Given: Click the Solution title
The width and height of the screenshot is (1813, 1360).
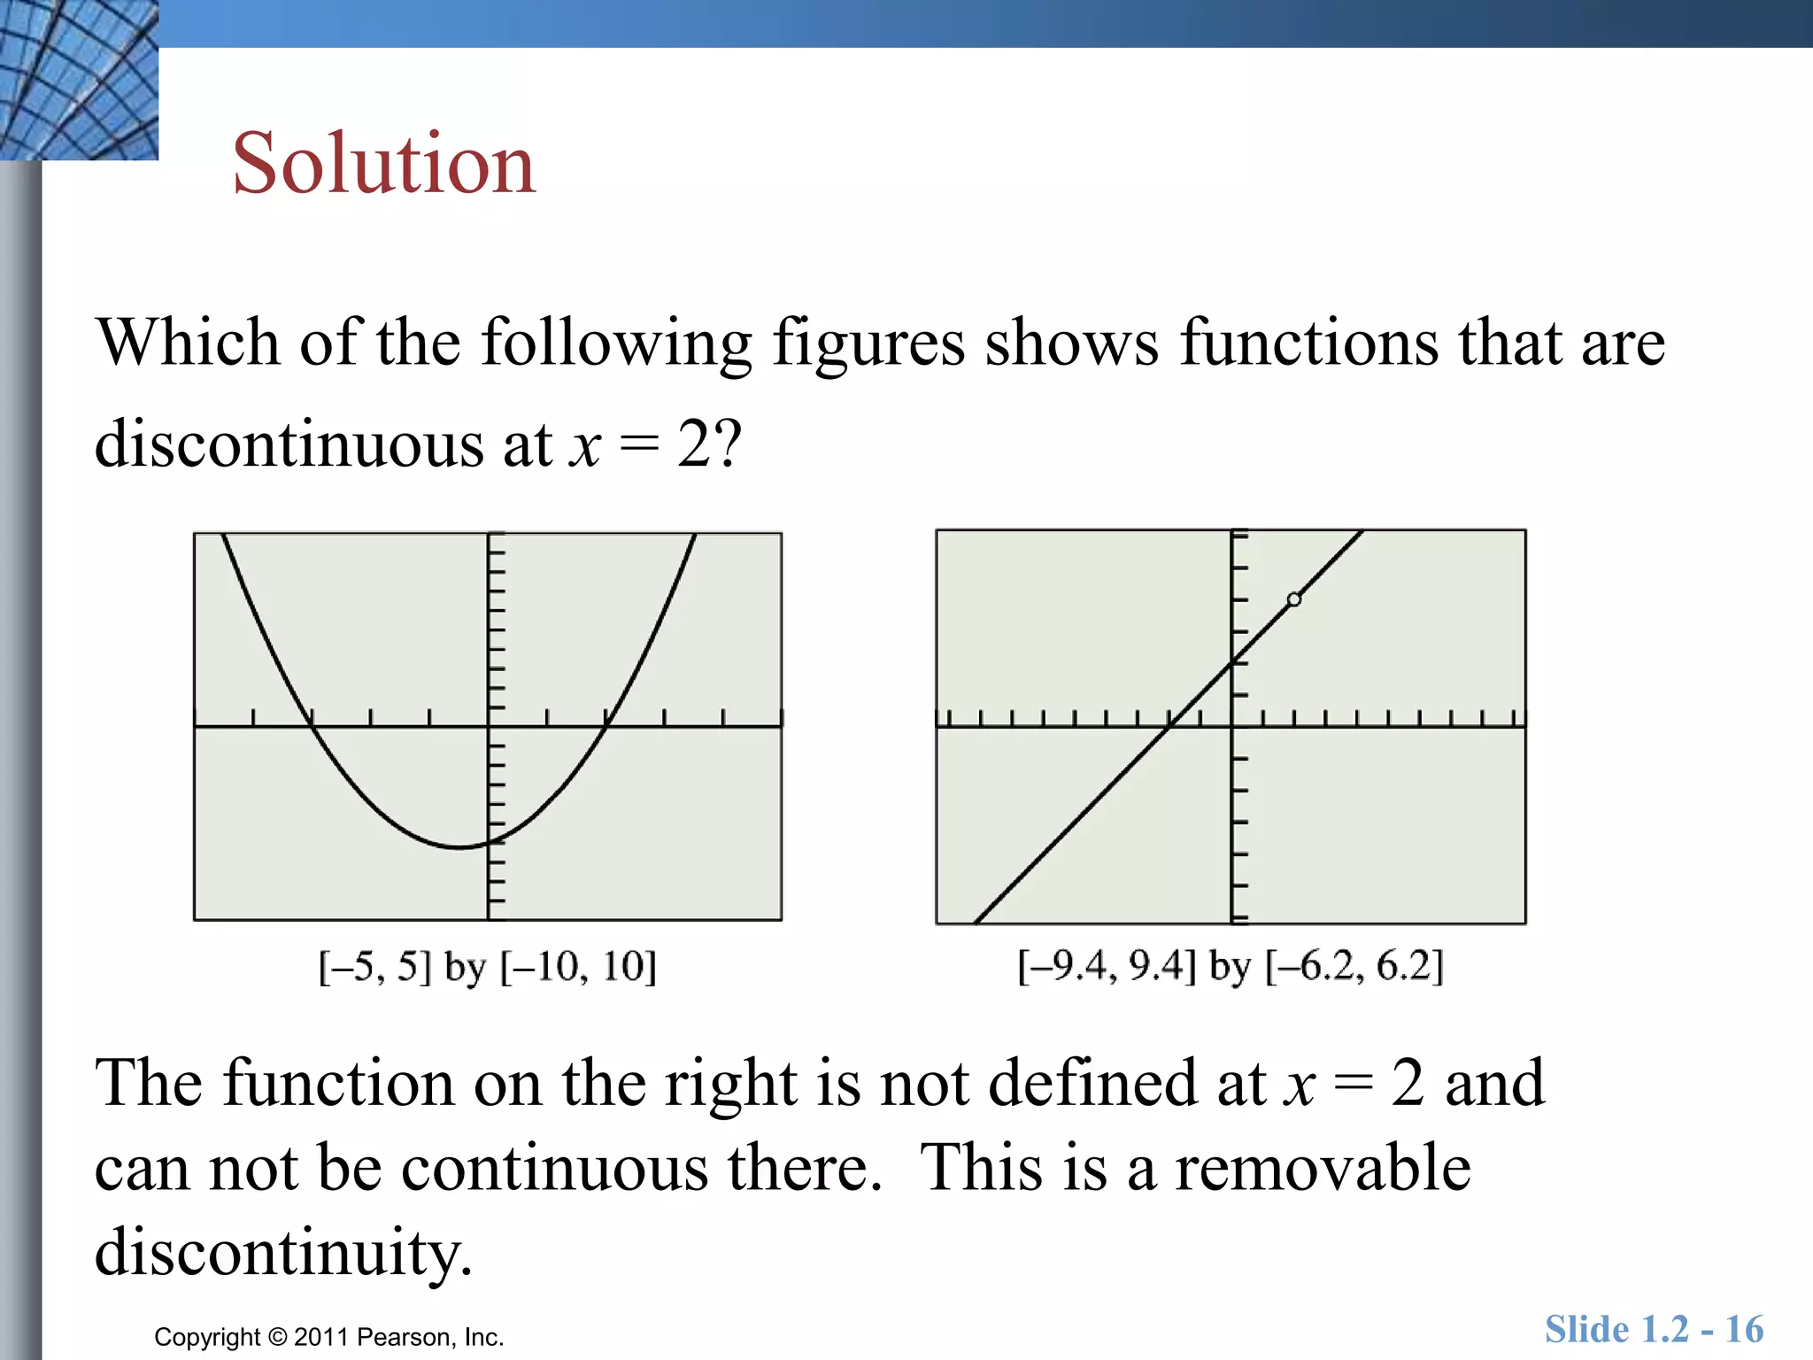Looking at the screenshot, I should pyautogui.click(x=384, y=164).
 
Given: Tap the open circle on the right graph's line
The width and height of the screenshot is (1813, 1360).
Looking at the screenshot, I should pyautogui.click(x=1294, y=599).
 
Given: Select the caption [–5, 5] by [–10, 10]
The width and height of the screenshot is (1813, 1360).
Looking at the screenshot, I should pyautogui.click(x=488, y=966).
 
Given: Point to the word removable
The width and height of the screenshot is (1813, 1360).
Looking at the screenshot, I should pyautogui.click(x=1323, y=1168).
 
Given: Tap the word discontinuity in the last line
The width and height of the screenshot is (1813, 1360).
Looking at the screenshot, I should pyautogui.click(x=283, y=1252).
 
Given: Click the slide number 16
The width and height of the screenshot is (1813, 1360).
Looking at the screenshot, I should pyautogui.click(x=1744, y=1330).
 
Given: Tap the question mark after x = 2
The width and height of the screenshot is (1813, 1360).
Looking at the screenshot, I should pyautogui.click(x=728, y=444).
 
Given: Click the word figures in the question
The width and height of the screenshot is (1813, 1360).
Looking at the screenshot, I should pyautogui.click(x=868, y=344).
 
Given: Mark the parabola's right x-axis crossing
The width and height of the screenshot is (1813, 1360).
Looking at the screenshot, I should pyautogui.click(x=606, y=726).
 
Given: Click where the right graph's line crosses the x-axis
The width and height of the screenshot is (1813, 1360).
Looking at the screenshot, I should pyautogui.click(x=1169, y=726).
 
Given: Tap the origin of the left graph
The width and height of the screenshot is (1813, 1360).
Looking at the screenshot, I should pyautogui.click(x=489, y=726).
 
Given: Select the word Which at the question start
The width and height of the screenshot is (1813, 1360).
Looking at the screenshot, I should pyautogui.click(x=188, y=344).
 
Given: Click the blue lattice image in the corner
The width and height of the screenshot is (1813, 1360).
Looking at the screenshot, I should pyautogui.click(x=78, y=80).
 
